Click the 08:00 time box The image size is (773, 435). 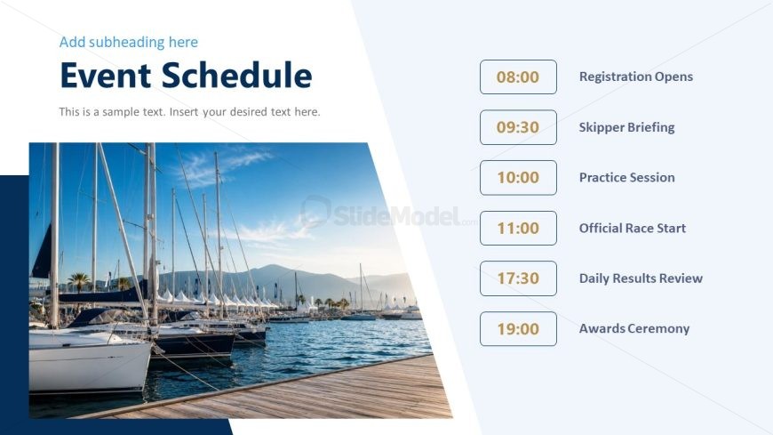click(x=518, y=77)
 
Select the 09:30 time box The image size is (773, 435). click(x=518, y=127)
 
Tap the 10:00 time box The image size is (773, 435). click(x=518, y=178)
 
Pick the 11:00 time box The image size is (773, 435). click(x=518, y=228)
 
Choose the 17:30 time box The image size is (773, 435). click(x=518, y=278)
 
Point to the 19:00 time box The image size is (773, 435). click(x=518, y=329)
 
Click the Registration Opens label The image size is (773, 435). click(x=636, y=77)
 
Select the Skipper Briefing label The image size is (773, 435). click(x=626, y=127)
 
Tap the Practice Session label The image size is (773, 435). click(x=627, y=178)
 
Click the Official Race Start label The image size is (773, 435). click(x=633, y=228)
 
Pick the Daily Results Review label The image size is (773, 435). click(x=641, y=278)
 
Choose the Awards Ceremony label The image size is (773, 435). click(x=634, y=329)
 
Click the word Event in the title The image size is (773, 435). click(x=106, y=76)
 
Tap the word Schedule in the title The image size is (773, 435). click(x=236, y=76)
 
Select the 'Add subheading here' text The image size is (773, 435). click(x=129, y=43)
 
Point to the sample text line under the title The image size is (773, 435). click(x=190, y=112)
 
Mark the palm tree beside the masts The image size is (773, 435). click(x=79, y=282)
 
